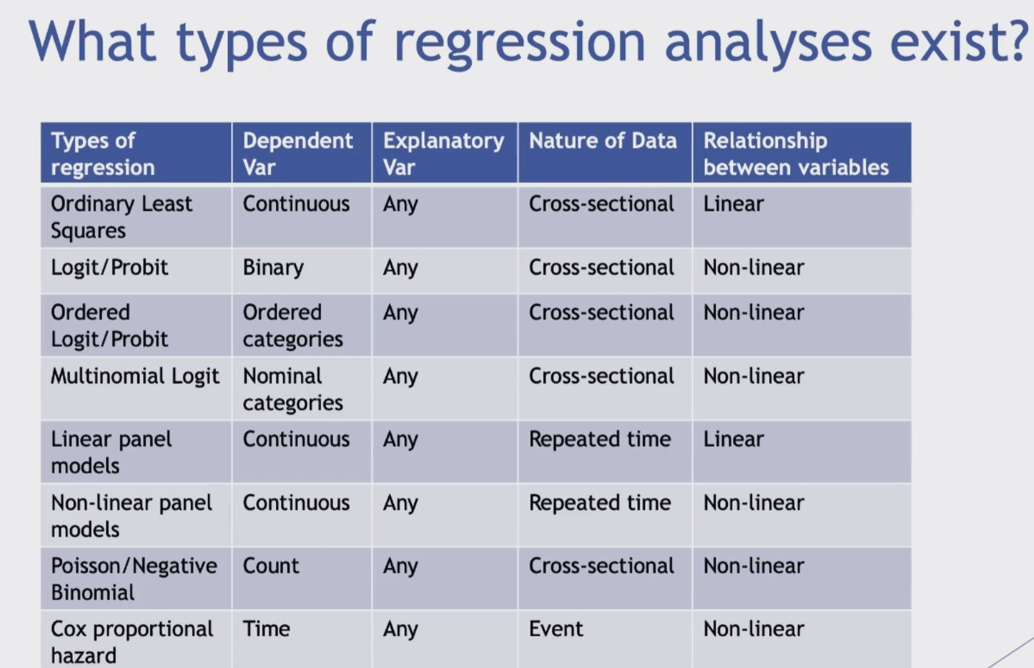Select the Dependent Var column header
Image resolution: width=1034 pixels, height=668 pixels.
tap(298, 153)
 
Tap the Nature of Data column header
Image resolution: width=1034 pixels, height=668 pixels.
tap(603, 141)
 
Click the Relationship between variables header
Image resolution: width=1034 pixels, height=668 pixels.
tap(796, 153)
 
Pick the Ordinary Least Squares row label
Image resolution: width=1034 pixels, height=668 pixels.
tap(121, 216)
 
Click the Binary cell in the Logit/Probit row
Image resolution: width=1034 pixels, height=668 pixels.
tap(273, 268)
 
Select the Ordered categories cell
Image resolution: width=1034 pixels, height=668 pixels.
tap(293, 325)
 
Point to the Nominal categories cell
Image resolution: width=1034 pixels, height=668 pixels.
tap(293, 389)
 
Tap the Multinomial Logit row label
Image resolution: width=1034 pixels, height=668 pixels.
tap(135, 376)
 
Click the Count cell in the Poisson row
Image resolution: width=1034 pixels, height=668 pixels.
tap(271, 565)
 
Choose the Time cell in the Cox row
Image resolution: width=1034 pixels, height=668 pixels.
tap(266, 628)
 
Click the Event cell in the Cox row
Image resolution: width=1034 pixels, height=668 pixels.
tap(556, 628)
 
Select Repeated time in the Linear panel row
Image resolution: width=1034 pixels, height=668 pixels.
tap(599, 439)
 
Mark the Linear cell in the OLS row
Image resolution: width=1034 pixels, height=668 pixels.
tap(734, 203)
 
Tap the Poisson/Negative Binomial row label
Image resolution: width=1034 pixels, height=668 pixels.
tap(134, 579)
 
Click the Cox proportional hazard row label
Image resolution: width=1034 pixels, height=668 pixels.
tap(132, 642)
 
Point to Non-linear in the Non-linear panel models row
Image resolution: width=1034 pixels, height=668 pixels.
tap(754, 502)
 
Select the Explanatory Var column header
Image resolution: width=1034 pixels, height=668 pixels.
tap(444, 153)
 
